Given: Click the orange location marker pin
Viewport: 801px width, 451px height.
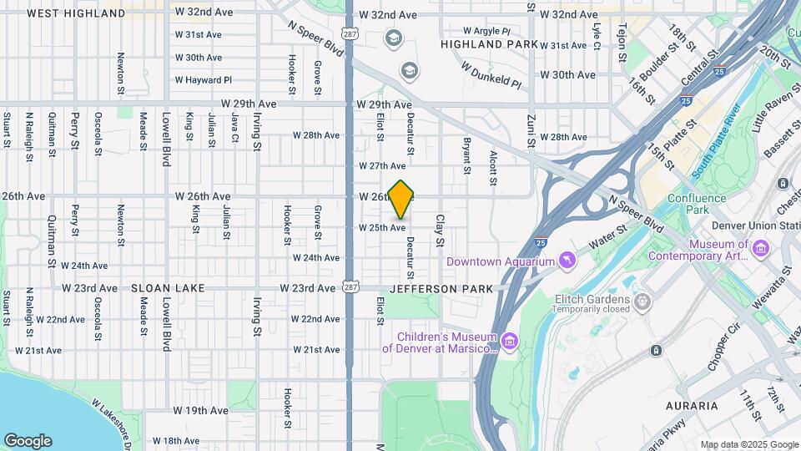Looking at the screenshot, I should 401,199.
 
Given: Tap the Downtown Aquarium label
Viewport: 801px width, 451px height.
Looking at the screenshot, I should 501,261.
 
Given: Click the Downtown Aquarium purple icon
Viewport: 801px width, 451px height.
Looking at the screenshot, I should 567,261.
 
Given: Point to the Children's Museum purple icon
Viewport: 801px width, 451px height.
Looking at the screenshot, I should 510,342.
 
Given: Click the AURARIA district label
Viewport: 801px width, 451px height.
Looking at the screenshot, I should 692,406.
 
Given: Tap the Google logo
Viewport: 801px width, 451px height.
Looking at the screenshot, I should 28,440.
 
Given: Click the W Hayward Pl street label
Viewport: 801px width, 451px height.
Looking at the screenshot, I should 203,80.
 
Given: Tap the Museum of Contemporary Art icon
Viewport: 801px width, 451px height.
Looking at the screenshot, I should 760,249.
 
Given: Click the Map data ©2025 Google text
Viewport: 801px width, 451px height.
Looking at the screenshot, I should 748,444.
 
